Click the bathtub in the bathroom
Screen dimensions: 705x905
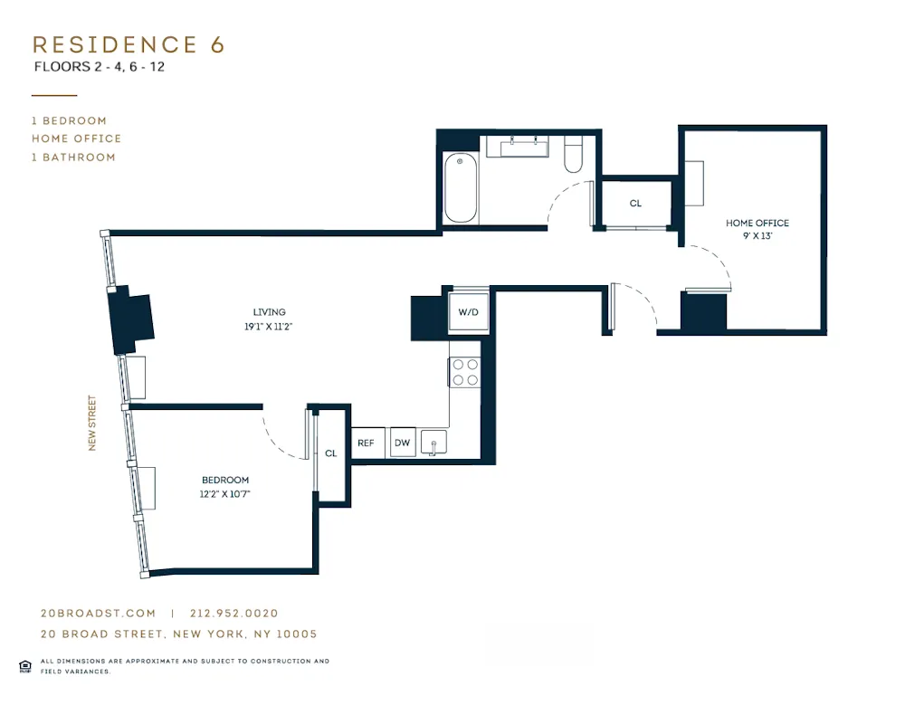coord(460,188)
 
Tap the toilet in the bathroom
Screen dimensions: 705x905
coord(574,155)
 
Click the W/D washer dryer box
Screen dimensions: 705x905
coord(469,312)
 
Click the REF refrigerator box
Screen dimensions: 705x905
coord(366,443)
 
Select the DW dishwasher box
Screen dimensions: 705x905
coord(403,443)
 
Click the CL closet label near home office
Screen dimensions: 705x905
coord(635,204)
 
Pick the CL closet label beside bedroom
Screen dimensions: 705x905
coord(331,453)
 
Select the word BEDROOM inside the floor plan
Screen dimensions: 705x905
coord(225,480)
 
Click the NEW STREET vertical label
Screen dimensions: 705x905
coord(92,423)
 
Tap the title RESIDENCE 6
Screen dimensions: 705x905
coord(129,44)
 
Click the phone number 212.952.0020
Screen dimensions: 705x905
coord(234,613)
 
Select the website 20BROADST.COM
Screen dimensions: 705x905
coord(98,613)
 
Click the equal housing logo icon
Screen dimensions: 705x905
coord(25,666)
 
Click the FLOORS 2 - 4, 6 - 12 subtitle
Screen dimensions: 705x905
coord(100,67)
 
